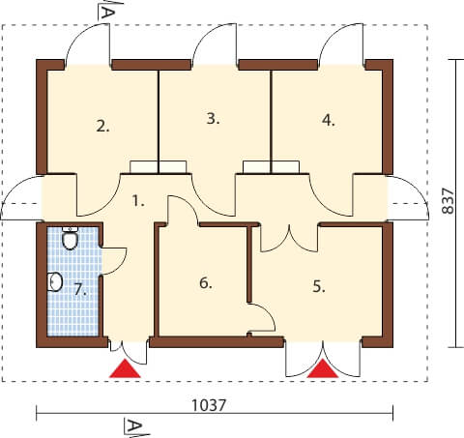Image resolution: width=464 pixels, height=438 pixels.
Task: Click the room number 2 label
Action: coord(102,126)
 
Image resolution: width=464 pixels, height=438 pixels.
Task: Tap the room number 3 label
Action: coord(213,119)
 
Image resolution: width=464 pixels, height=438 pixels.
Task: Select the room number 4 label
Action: coord(329,120)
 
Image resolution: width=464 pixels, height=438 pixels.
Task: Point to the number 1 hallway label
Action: coord(138,201)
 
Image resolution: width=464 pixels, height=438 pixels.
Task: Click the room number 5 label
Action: coord(319,286)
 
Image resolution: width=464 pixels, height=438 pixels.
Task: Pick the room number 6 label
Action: coord(206,283)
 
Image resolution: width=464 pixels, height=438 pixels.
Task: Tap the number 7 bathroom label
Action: coord(80,289)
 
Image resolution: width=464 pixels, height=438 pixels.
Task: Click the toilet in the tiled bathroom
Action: coord(70,238)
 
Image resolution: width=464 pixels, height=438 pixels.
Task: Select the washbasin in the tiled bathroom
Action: coord(55,282)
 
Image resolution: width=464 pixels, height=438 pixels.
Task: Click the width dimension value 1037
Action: coord(209,405)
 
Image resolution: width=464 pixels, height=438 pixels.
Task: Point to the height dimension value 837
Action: coord(449,201)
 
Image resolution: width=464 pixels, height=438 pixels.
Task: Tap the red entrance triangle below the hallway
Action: coord(125,369)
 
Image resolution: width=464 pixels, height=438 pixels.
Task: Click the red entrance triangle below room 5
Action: coord(323,369)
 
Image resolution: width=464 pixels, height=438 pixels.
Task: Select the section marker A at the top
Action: coord(107,12)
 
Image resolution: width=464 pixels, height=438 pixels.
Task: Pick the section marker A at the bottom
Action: coord(133,427)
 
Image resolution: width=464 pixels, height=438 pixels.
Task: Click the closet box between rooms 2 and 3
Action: coord(158,167)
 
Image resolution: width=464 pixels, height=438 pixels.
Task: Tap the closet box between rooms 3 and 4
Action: coord(271,167)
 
